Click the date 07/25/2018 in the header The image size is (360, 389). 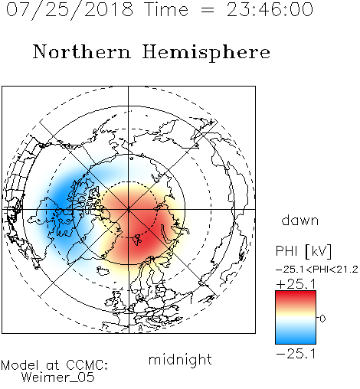pos(70,10)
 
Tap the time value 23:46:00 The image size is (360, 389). pos(270,9)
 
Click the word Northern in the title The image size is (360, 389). pos(82,51)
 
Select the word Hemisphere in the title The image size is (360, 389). pos(206,52)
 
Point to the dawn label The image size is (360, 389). pos(300,220)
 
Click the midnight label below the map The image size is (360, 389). pos(180,360)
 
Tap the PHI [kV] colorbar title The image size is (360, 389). pos(303,251)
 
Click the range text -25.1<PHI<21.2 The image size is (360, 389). pos(317,270)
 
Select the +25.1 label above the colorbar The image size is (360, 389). pos(296,284)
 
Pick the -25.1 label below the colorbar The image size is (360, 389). pos(296,354)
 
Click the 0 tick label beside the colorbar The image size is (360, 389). pos(322,319)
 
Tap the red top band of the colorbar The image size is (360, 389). pos(296,296)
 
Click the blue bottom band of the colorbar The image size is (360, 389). pos(296,338)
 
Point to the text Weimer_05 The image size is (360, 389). pos(58,378)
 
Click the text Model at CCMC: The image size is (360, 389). pos(54,365)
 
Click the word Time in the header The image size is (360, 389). pos(166,9)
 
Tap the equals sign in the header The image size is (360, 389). pos(208,11)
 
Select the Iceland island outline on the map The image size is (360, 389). pos(103,271)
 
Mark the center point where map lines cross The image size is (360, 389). pos(129,209)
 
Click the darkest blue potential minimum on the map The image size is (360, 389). pos(61,201)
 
